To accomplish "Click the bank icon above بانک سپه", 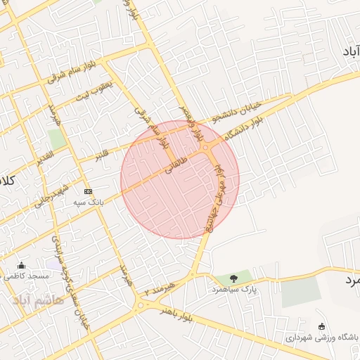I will (x=88, y=191).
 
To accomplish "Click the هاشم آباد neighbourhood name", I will (x=38, y=300).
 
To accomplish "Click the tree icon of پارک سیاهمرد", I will (x=233, y=278).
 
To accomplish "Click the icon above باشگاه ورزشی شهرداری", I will (x=321, y=326).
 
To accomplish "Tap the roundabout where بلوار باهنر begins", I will (x=140, y=304).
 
